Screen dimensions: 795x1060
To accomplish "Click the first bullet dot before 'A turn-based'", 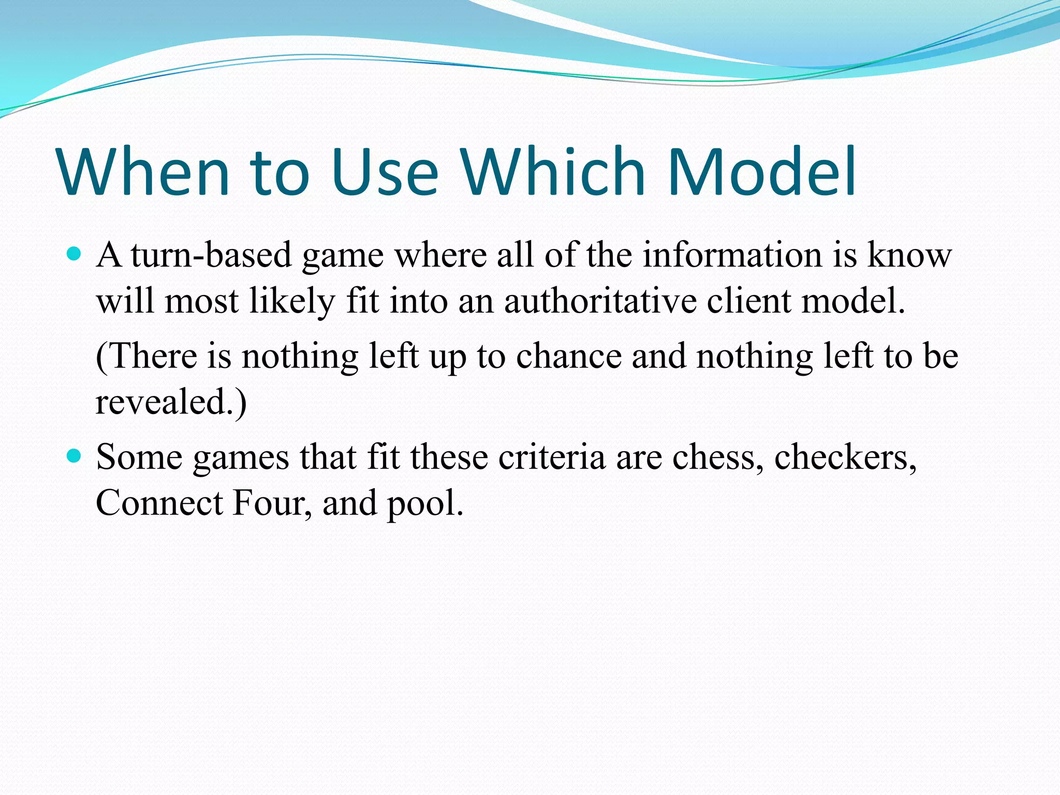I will click(75, 254).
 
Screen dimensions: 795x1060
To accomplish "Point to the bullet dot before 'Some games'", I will click(75, 455).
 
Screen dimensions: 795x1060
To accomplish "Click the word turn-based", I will click(211, 255).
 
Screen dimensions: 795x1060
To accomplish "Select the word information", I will click(732, 255).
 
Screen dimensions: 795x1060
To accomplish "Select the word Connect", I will click(159, 503).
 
